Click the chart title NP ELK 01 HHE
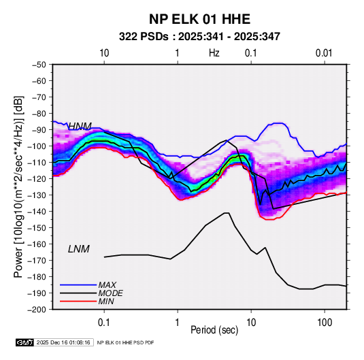[199, 19]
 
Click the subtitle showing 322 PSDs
[199, 37]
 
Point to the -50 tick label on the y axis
[39, 65]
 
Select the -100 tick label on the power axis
[37, 146]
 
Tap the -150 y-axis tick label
[37, 227]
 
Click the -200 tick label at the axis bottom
[37, 310]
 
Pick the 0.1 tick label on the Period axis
[104, 323]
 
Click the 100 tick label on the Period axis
[325, 323]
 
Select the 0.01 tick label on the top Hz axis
[324, 53]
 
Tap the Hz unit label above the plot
[214, 53]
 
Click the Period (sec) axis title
[214, 330]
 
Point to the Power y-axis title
[18, 186]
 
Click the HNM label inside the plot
[80, 126]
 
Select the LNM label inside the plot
[79, 249]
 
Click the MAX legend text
[107, 284]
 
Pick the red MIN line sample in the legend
[78, 301]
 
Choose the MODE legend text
[110, 293]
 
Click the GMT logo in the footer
[25, 342]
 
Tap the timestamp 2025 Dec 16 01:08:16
[63, 342]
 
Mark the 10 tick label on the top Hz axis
[104, 53]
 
